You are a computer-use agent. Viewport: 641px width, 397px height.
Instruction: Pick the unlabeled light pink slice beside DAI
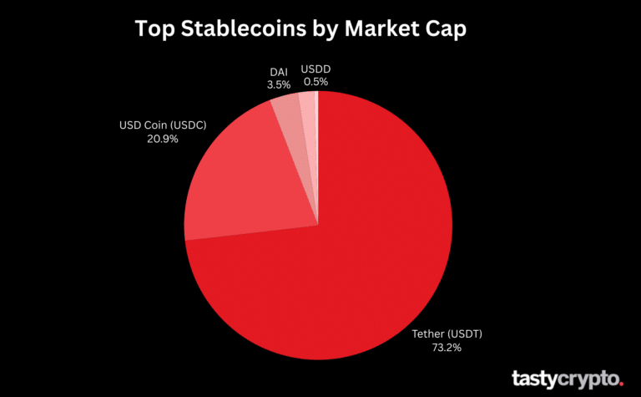[x=307, y=104]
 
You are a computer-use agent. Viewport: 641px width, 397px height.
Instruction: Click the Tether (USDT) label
[x=447, y=334]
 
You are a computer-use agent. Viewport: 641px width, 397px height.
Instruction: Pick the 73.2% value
[x=447, y=348]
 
